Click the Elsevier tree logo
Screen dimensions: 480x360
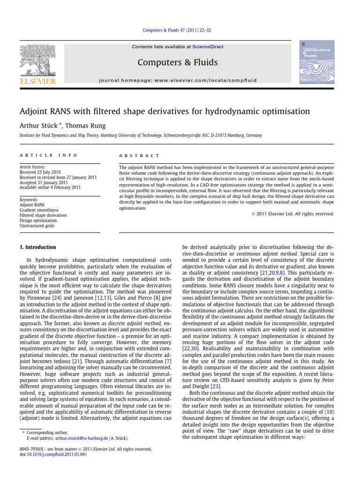(x=37, y=62)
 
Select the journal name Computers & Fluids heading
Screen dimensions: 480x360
(x=178, y=62)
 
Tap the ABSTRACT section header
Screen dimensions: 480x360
(x=139, y=155)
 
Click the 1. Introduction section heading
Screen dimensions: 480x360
(x=37, y=247)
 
